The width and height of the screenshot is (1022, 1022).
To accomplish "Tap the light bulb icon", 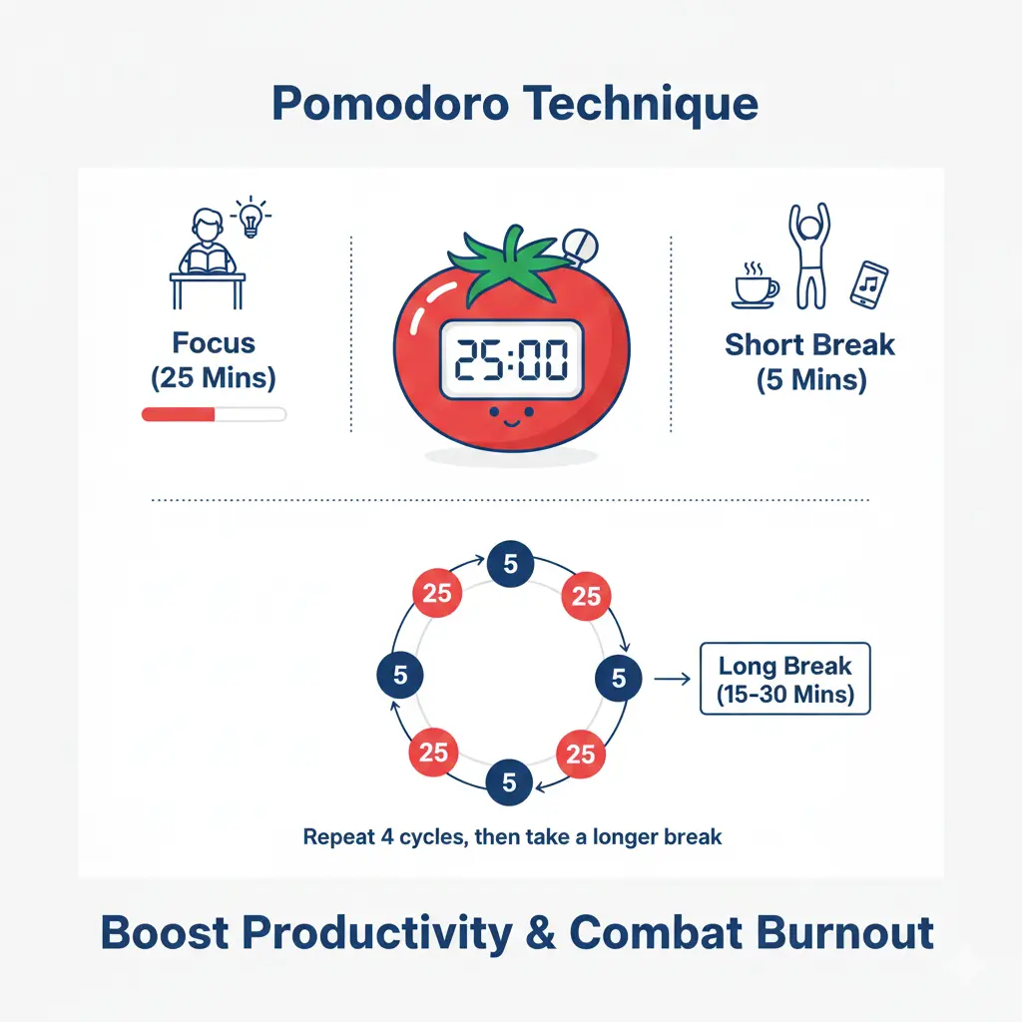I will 248,218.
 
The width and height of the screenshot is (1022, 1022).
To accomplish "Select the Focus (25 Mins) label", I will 214,360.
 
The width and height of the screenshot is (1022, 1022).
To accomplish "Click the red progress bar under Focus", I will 180,414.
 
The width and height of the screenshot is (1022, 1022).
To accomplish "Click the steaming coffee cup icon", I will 755,285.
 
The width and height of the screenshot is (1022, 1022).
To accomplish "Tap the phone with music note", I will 869,283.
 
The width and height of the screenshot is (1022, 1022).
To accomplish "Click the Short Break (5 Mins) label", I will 809,361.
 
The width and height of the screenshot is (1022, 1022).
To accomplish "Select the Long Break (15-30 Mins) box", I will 784,680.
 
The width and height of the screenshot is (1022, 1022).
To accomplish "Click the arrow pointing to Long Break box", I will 671,679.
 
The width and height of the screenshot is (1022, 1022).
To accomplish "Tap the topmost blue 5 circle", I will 510,565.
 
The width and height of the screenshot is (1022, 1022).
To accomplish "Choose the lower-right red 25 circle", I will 581,754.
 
